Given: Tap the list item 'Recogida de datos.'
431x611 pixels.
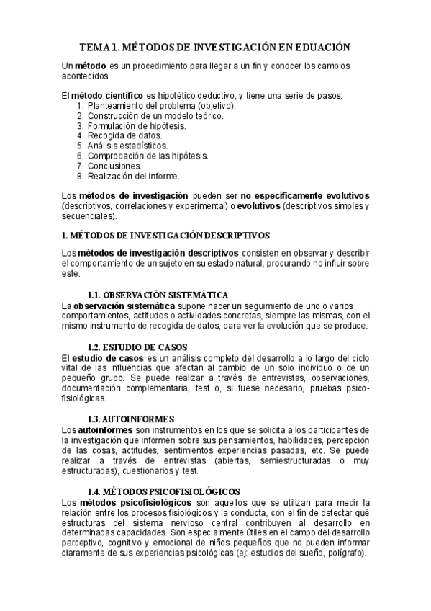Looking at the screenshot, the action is click(125, 135).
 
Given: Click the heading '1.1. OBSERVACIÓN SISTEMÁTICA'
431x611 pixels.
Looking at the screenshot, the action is click(158, 295).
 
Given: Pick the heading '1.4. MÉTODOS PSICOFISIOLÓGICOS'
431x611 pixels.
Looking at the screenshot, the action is click(163, 491).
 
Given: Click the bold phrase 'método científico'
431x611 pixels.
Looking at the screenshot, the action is click(107, 95).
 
